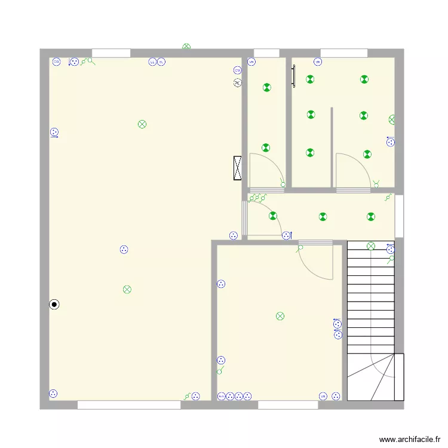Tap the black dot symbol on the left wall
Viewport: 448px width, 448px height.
coord(54,305)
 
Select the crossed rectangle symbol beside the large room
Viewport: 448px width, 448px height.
coord(238,168)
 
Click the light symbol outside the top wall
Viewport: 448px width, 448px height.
coord(186,46)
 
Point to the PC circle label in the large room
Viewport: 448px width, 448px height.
coord(238,83)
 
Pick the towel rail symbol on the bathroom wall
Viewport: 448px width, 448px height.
coord(293,76)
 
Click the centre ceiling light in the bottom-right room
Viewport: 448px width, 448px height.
coord(280,316)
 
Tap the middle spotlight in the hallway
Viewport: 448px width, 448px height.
coord(323,217)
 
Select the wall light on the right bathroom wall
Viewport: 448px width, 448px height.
coord(392,119)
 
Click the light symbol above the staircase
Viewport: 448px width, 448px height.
coord(371,246)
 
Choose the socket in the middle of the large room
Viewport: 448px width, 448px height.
coord(124,250)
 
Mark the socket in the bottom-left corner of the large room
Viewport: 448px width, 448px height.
coord(53,394)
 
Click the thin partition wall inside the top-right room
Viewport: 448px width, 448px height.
coord(332,147)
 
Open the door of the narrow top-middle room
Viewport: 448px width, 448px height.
coord(266,172)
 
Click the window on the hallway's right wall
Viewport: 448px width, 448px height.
coord(399,215)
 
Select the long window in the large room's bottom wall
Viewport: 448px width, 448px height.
coord(129,404)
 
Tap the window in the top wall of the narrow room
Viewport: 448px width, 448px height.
coord(266,53)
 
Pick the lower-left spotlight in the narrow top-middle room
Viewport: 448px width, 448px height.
coord(265,148)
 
